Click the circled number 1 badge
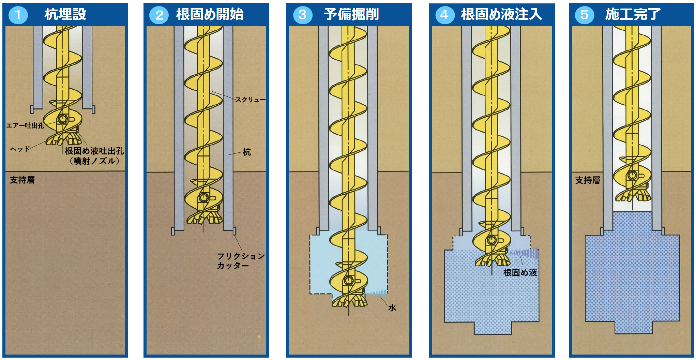point(18,15)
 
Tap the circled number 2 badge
point(159,15)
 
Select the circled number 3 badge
point(303,15)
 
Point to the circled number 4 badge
point(444,15)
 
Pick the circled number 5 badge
point(584,15)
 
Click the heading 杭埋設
point(65,14)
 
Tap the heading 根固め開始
point(210,14)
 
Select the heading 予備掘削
point(351,14)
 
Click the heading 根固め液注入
point(501,14)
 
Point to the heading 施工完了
point(633,14)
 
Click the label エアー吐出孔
point(25,125)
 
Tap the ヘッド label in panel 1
point(20,149)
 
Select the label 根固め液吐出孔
point(94,151)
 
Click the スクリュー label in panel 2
point(250,100)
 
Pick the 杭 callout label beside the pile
point(247,152)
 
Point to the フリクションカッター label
point(241,261)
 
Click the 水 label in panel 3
point(392,308)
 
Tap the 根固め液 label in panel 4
point(520,272)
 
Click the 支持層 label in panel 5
point(588,180)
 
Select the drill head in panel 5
point(633,194)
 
